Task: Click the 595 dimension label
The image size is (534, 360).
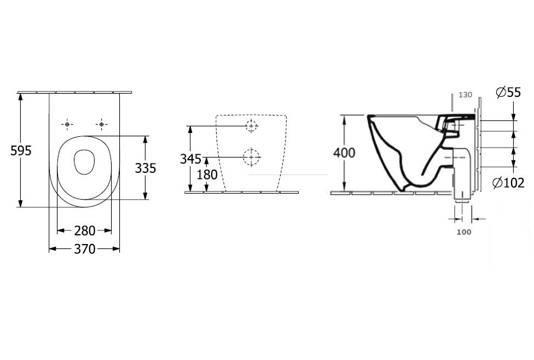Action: (x=21, y=150)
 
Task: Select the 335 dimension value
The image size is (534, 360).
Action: (x=146, y=168)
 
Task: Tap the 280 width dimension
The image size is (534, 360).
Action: (x=85, y=231)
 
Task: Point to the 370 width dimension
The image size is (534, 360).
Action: (x=85, y=249)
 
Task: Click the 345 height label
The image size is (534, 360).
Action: (x=191, y=159)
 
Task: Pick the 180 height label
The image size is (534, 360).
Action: (x=207, y=175)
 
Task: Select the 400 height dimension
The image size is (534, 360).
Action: (x=344, y=153)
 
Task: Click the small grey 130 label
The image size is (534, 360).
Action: (x=465, y=95)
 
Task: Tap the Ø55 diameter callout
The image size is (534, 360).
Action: (x=508, y=92)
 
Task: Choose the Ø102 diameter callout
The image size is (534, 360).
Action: (x=508, y=183)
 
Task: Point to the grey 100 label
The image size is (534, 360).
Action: (x=464, y=232)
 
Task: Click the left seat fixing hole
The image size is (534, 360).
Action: (x=67, y=125)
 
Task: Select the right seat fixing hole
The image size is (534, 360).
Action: (x=101, y=125)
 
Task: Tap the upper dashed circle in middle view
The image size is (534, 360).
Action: (x=252, y=126)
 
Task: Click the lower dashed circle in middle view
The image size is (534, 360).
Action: (x=251, y=158)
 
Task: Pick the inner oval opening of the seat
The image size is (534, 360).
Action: (x=84, y=162)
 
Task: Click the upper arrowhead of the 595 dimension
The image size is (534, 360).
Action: (x=21, y=97)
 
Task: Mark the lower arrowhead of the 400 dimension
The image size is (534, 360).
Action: (x=344, y=187)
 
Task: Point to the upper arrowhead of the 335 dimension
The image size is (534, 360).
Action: (x=146, y=140)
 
